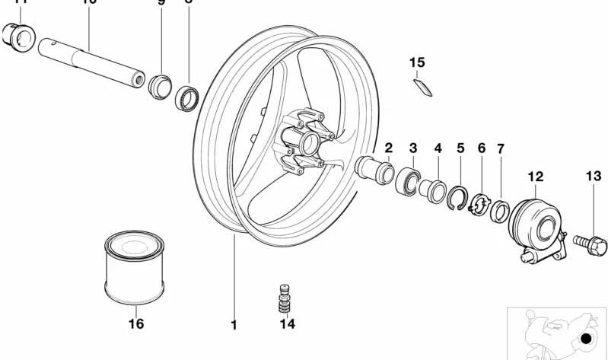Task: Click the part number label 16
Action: [135, 323]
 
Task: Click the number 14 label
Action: [286, 324]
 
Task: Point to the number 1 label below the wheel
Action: [234, 325]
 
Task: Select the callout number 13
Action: [594, 177]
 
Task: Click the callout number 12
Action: [536, 177]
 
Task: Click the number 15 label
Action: [417, 62]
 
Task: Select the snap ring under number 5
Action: [458, 197]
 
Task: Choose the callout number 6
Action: [481, 148]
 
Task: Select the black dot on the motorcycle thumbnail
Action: [585, 339]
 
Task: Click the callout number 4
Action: [438, 148]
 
